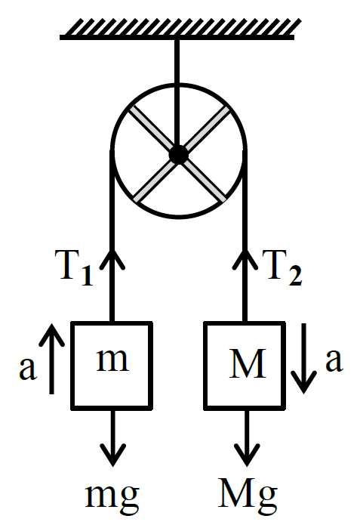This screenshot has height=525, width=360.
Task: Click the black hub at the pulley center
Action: tap(179, 155)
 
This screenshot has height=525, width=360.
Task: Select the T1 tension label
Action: tap(74, 268)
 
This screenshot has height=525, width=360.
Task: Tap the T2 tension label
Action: tap(282, 268)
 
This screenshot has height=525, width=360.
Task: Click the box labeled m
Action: tap(112, 366)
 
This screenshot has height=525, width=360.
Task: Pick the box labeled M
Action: tap(245, 366)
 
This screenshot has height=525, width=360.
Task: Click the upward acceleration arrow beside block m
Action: tap(51, 359)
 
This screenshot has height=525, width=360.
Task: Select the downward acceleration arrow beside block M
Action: tap(304, 358)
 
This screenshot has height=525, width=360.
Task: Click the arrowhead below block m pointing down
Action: tap(113, 455)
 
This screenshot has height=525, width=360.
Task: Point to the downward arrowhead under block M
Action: tap(247, 455)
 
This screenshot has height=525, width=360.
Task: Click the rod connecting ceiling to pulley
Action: tap(177, 93)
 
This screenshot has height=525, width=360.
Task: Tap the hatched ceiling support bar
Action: tap(177, 29)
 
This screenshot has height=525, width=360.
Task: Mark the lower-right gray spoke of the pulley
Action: tap(205, 181)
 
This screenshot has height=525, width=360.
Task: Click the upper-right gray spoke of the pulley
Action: tap(208, 128)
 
